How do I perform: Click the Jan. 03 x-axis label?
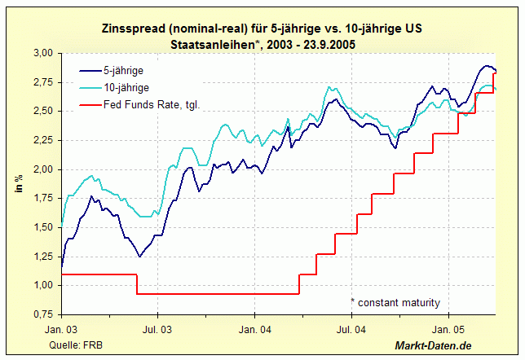(61, 331)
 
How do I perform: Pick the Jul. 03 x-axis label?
(158, 331)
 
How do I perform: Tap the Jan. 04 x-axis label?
(254, 331)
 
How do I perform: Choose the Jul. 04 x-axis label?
(351, 331)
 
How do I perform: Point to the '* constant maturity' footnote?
(395, 303)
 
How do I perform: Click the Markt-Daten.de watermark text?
(434, 346)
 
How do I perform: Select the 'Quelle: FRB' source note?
(77, 346)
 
